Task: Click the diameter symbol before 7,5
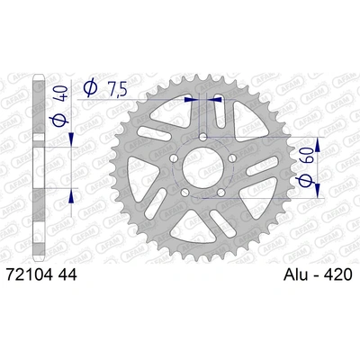[x=90, y=87]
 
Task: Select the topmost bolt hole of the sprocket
[x=202, y=136]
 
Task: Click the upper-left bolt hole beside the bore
[x=175, y=157]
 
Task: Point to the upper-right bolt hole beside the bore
[x=231, y=157]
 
